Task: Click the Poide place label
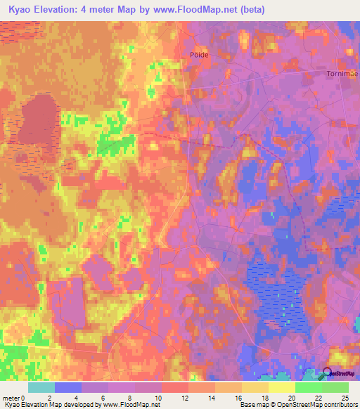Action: [x=200, y=54]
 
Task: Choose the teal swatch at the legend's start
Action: [x=41, y=387]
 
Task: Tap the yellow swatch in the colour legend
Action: [x=281, y=387]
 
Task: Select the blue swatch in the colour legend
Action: [x=68, y=387]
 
